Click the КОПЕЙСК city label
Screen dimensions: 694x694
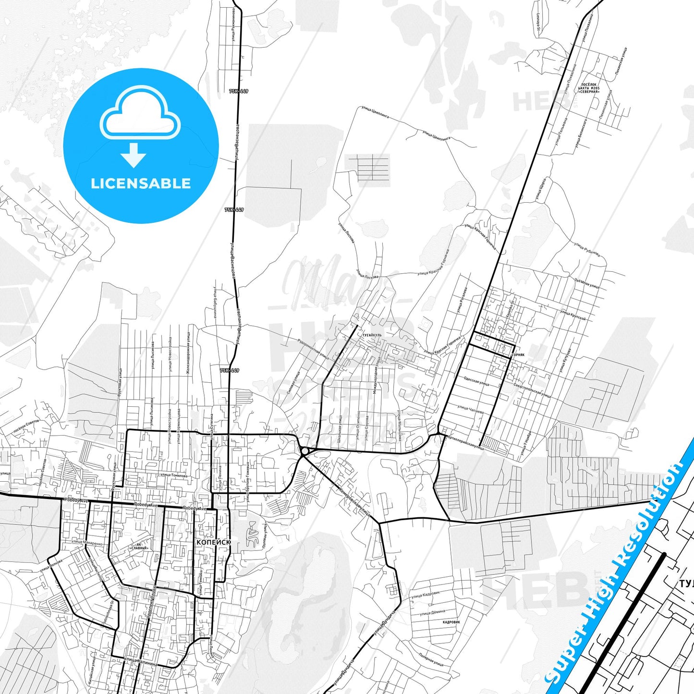pos(214,542)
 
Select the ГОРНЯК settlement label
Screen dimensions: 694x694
pos(518,354)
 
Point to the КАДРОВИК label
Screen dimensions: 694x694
pos(451,622)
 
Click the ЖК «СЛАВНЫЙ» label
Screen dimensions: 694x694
pos(139,546)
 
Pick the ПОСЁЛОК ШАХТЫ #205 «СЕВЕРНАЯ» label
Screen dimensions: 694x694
pos(589,88)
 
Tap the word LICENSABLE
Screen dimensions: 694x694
pos(141,183)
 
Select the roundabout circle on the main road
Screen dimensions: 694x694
pos(305,451)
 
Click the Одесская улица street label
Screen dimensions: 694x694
pos(476,381)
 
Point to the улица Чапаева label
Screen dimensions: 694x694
pos(470,410)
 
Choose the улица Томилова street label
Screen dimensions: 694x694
pos(173,475)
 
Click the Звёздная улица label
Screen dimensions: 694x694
pos(586,283)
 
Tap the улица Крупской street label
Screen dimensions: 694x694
pos(572,315)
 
